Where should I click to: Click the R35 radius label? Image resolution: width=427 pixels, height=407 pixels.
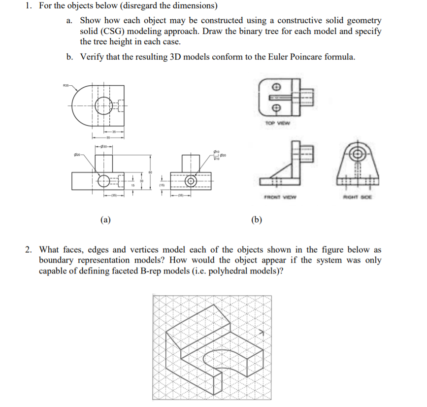[66, 86]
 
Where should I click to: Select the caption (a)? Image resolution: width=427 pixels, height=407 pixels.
[105, 219]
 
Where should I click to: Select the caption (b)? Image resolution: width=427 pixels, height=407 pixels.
[256, 219]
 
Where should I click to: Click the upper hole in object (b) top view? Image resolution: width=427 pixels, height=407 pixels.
[276, 89]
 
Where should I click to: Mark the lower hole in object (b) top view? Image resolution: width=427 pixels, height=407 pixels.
[276, 107]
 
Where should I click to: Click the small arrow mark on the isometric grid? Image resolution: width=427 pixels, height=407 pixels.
[263, 334]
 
